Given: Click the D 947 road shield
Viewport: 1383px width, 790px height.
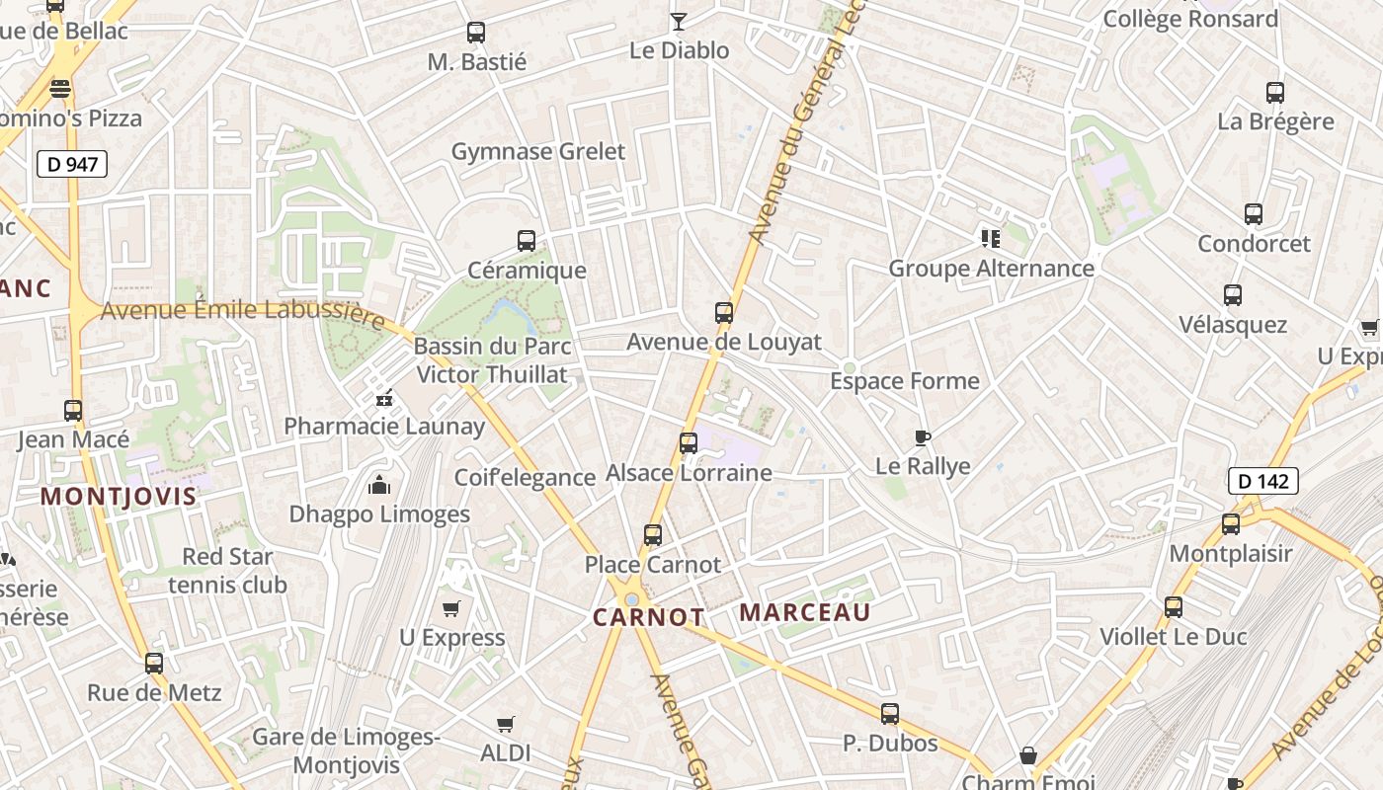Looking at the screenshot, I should [x=72, y=164].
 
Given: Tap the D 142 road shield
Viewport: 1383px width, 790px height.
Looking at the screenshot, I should [x=1262, y=481].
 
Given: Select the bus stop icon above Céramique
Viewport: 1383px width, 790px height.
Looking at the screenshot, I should [x=527, y=240].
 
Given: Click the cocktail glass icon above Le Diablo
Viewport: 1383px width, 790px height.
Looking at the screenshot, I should [x=679, y=21].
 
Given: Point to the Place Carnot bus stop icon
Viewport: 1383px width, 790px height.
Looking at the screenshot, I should [x=653, y=535].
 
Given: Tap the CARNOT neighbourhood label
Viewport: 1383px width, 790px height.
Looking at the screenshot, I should [x=649, y=617].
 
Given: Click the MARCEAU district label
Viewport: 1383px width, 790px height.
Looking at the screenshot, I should [x=805, y=612].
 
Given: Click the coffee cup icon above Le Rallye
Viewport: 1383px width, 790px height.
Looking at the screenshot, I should [x=923, y=437].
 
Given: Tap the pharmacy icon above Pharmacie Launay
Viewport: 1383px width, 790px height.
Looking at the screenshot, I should [x=384, y=398].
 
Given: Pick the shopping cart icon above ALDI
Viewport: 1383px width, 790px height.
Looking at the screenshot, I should [x=506, y=725].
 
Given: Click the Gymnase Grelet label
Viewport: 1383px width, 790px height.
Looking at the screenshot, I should [x=538, y=151].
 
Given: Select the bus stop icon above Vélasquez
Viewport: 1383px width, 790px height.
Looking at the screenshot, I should [x=1233, y=295].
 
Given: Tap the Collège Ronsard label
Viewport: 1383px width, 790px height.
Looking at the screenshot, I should [x=1190, y=19].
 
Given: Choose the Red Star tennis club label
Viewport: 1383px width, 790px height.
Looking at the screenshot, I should [x=227, y=571].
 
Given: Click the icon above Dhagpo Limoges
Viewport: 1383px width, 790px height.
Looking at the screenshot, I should [x=379, y=485].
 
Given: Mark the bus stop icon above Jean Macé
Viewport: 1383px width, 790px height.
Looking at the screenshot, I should [x=73, y=411].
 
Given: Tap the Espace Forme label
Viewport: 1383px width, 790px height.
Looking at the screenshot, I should [x=905, y=381].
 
